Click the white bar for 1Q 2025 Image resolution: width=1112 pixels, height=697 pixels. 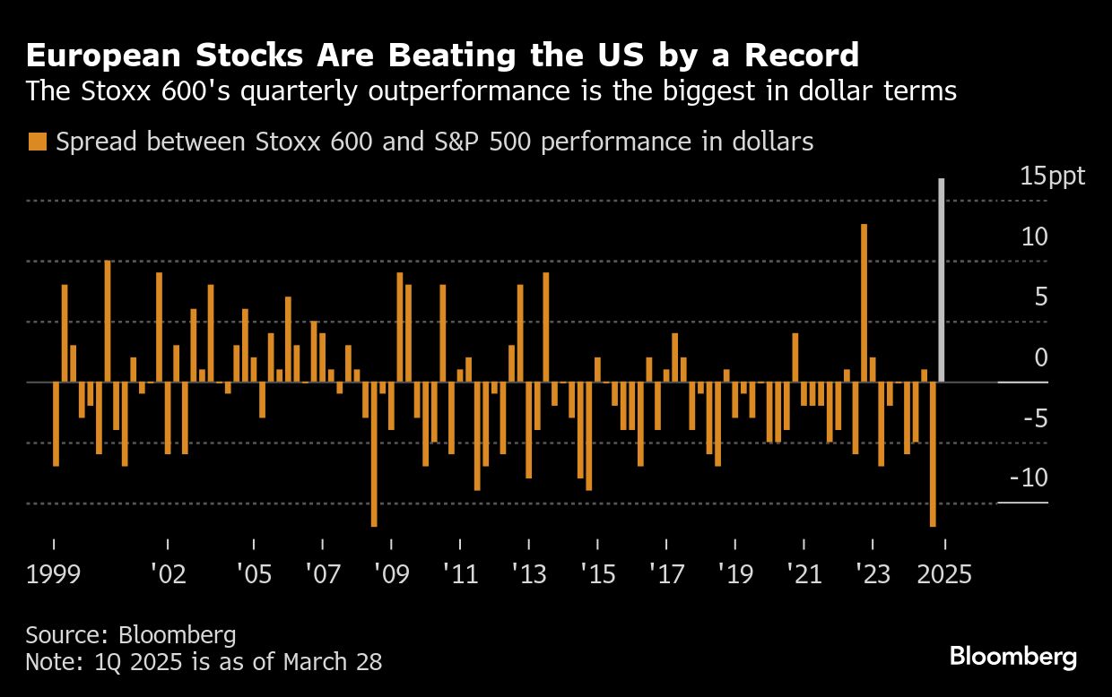click(942, 280)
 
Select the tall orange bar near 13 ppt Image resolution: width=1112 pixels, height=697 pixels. click(864, 303)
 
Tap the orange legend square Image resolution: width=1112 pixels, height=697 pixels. click(38, 142)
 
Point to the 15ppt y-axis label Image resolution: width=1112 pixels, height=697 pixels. click(1052, 176)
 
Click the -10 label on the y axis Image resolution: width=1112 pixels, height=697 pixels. click(1029, 478)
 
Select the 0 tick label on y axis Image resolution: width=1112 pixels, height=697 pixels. click(1040, 357)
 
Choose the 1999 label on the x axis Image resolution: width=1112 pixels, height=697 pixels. click(54, 573)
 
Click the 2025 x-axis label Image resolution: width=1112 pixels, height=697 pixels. click(943, 573)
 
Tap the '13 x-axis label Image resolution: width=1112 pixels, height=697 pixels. click(528, 573)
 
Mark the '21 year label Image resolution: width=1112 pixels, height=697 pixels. click(804, 573)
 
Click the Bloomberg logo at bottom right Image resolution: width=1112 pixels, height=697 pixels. click(1013, 657)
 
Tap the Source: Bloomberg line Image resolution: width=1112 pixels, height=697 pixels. click(131, 635)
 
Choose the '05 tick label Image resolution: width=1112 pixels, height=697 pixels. click(254, 573)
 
